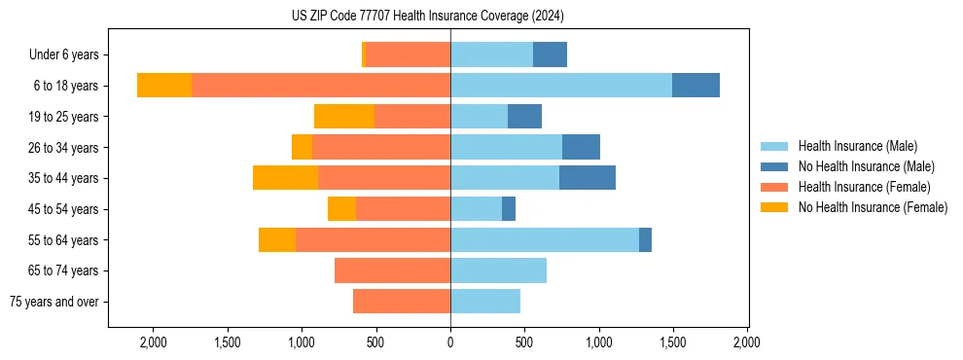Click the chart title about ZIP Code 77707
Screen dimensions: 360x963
point(427,17)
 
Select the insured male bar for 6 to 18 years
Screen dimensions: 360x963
point(560,86)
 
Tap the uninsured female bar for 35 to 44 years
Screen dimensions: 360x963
point(285,178)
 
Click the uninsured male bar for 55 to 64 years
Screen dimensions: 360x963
point(645,239)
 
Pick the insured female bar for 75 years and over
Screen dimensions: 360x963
point(401,302)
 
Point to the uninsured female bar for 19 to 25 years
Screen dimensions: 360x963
point(344,117)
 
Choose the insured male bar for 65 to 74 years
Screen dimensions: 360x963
point(498,270)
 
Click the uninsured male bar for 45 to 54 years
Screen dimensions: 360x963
point(509,209)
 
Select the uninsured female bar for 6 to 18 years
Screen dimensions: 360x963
point(164,86)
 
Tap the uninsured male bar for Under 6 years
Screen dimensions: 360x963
point(550,55)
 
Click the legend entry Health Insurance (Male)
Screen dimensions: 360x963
point(857,146)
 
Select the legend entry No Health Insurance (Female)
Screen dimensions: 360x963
point(873,207)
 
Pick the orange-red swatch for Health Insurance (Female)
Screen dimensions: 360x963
point(774,187)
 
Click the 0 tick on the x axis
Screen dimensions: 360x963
point(450,342)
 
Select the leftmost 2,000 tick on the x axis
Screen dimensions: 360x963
point(153,342)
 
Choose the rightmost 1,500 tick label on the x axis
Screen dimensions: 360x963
point(673,342)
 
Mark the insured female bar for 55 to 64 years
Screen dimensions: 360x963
point(373,239)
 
